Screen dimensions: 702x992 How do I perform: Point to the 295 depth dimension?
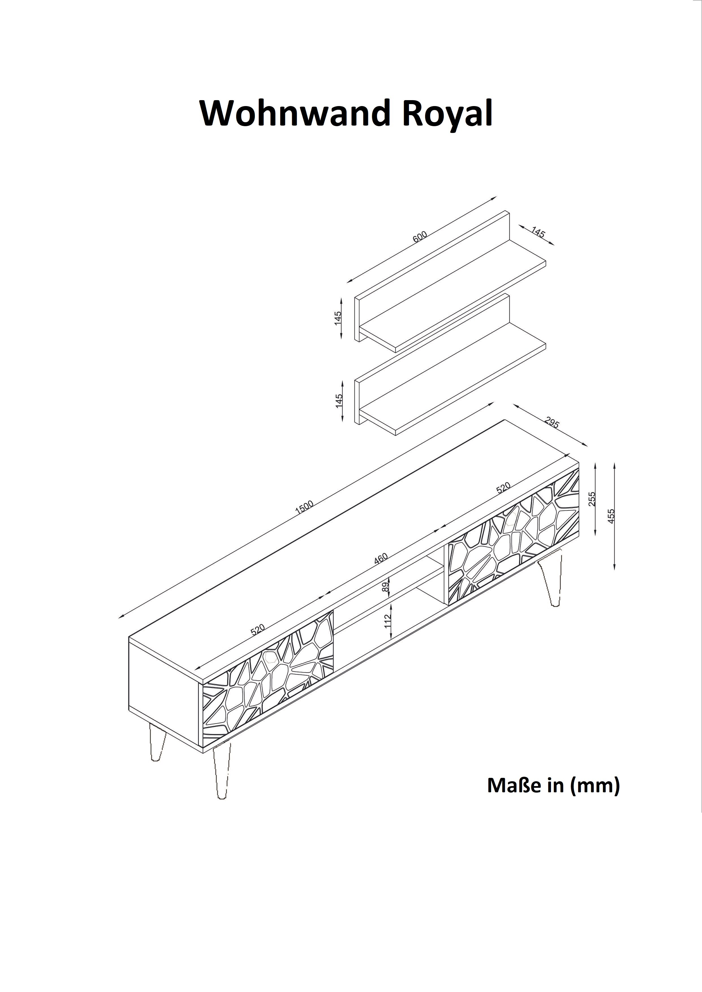click(552, 422)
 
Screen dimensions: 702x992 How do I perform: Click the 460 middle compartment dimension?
click(381, 558)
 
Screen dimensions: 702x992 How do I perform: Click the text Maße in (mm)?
click(553, 786)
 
